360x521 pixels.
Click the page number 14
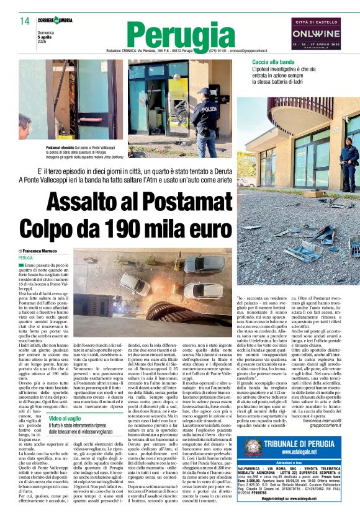click(24, 21)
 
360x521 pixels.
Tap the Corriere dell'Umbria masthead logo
click(55, 20)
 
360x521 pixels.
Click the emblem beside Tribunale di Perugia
click(253, 465)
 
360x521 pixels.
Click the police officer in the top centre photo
click(204, 111)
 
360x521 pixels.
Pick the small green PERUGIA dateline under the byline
click(26, 257)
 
